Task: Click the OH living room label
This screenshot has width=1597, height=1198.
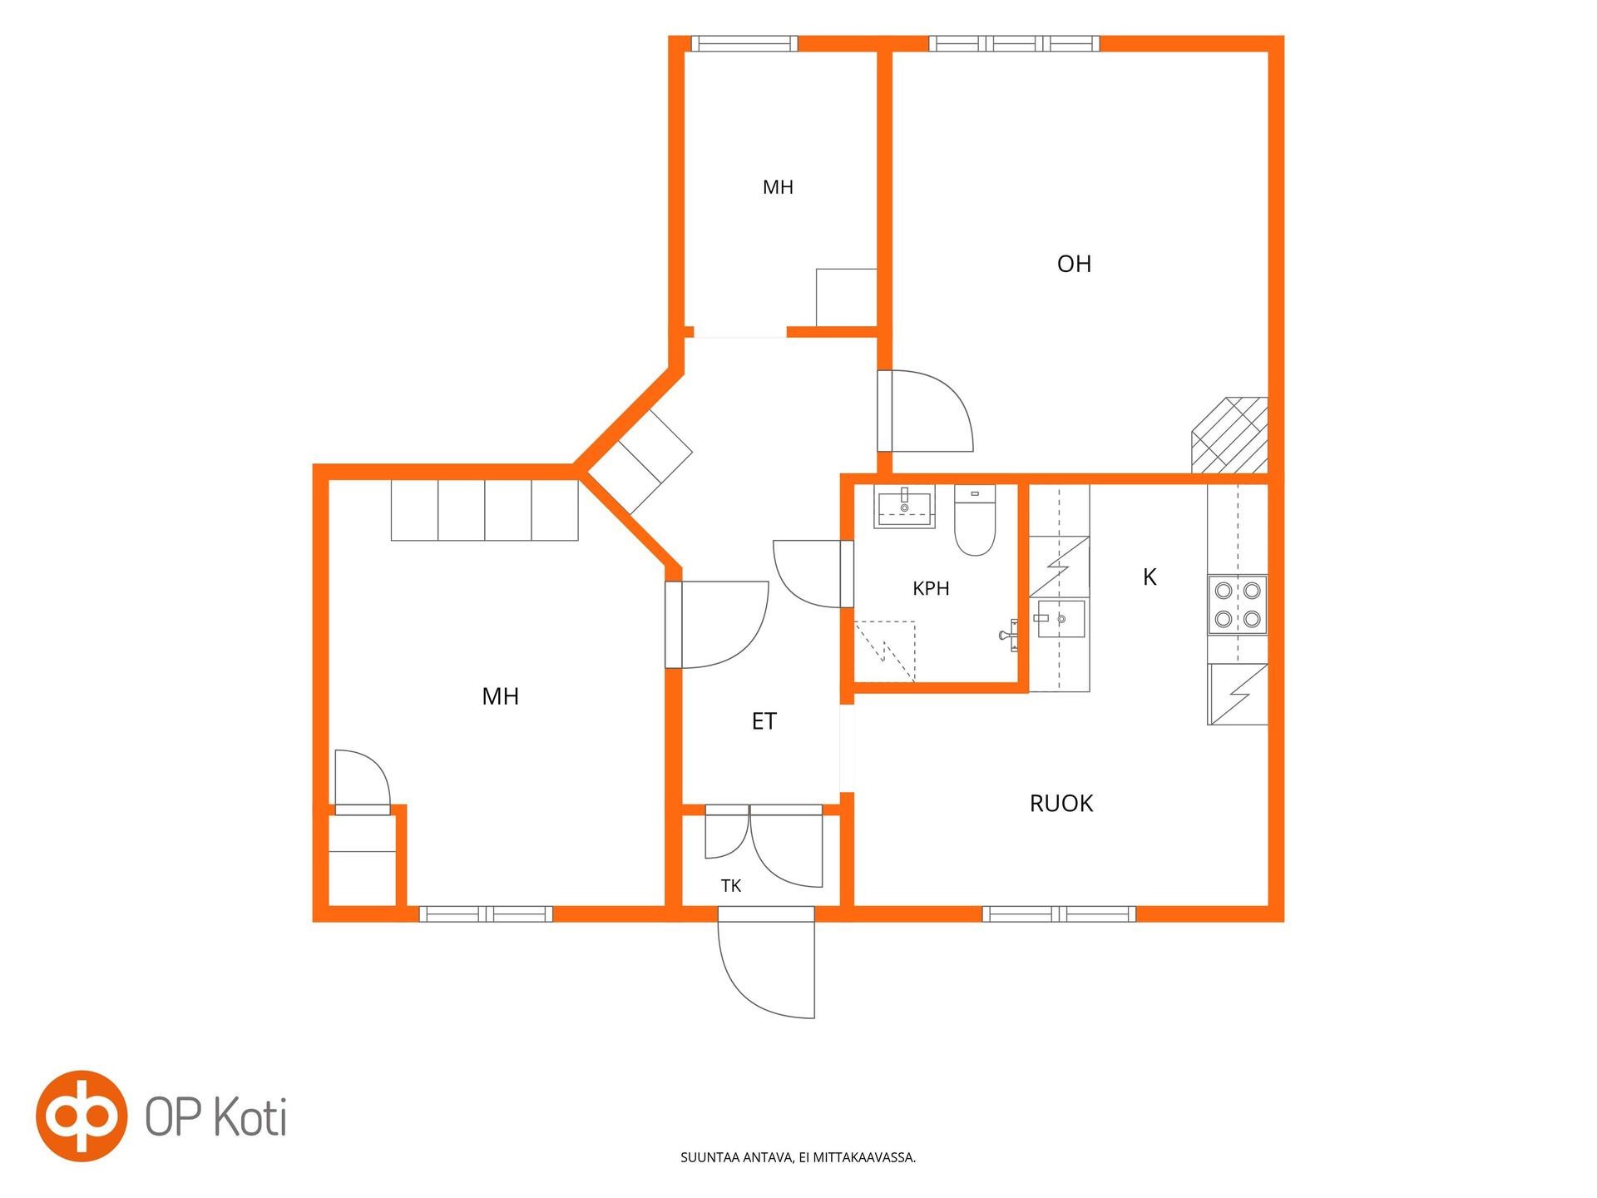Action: click(x=1074, y=265)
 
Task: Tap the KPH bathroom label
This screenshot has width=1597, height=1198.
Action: click(x=931, y=589)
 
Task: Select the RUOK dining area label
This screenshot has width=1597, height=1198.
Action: click(x=1061, y=804)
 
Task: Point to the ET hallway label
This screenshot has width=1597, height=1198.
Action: click(x=764, y=721)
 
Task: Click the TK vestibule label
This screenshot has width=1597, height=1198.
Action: click(x=731, y=886)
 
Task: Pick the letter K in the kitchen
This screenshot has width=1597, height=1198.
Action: click(x=1150, y=577)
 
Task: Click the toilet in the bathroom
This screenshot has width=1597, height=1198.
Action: click(x=975, y=521)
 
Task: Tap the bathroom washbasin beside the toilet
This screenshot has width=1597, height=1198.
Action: click(x=904, y=507)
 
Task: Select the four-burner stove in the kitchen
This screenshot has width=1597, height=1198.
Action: click(x=1238, y=605)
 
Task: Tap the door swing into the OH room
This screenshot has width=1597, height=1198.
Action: click(x=926, y=411)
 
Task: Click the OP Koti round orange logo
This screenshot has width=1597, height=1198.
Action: click(x=82, y=1116)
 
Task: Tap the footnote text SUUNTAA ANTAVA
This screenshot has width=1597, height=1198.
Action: click(x=735, y=1157)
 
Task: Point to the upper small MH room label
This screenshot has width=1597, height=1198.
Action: click(x=778, y=188)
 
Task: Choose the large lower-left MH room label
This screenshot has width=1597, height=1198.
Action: click(x=500, y=696)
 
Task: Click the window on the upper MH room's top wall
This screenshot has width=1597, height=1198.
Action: click(x=744, y=44)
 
